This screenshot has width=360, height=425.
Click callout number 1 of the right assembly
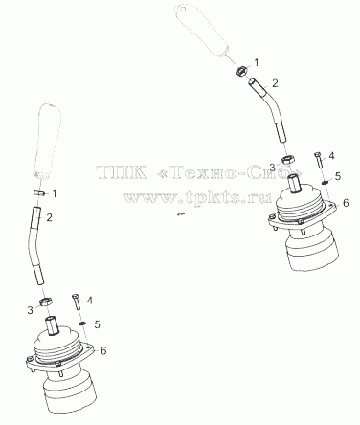(256, 62)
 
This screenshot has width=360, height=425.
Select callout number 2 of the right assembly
(275, 83)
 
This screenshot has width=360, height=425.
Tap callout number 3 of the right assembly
(272, 167)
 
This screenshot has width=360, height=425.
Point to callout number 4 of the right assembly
(331, 156)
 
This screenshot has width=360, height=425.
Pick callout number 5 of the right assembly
(338, 176)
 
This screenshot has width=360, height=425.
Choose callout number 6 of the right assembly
(346, 203)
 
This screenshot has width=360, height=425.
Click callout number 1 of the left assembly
(55, 193)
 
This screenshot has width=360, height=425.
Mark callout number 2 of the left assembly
(49, 217)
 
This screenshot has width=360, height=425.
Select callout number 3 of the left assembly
(30, 310)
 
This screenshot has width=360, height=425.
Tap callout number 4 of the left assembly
(90, 301)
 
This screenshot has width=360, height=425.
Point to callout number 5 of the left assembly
(97, 324)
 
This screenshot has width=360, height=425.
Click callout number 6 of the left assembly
(103, 350)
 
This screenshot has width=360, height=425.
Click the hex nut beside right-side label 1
(241, 71)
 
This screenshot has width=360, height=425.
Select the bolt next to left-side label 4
(77, 302)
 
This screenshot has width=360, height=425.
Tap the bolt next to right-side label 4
(318, 160)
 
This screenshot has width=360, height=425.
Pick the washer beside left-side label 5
(82, 324)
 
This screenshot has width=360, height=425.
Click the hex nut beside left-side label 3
(45, 302)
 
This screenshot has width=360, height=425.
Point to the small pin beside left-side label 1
(38, 192)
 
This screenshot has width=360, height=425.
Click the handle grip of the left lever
(48, 141)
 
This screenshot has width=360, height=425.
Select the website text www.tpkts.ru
(197, 197)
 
